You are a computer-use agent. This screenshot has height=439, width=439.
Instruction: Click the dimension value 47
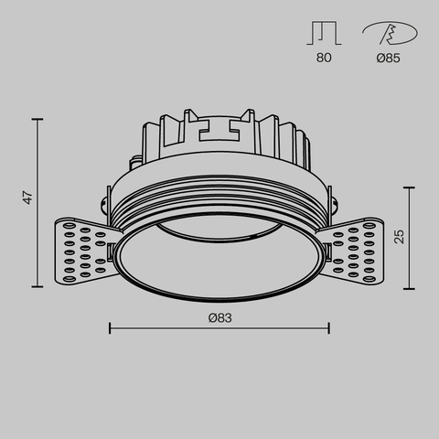(x=28, y=197)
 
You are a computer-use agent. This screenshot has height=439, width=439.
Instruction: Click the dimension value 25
(x=399, y=237)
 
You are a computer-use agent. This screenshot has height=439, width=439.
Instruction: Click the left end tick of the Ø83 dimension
(x=110, y=327)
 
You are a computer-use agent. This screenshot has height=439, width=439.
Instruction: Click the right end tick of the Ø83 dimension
(x=327, y=327)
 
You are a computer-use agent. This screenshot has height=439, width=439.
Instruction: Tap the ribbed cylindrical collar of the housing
(x=219, y=197)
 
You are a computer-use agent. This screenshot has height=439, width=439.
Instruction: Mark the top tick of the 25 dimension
(x=410, y=187)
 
